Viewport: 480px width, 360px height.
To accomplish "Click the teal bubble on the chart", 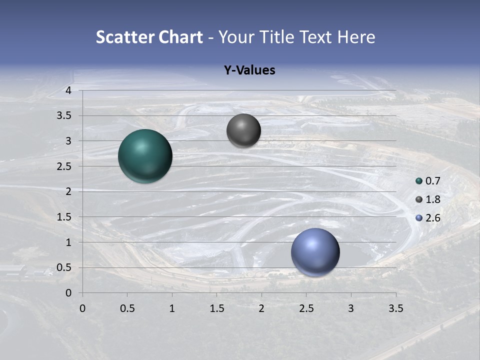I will pos(145,156).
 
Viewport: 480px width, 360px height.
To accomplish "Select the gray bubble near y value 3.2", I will pos(243,130).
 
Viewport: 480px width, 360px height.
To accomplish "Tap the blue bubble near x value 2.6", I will pos(315,252).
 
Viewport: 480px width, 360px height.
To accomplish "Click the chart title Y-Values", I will pos(249,70).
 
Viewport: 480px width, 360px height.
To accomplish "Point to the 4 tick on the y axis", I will pos(68,90).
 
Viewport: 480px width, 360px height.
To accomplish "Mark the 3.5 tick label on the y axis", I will pos(65,115).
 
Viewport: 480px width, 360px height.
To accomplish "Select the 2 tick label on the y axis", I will pos(68,191).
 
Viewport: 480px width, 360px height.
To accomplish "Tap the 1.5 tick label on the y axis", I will pos(65,217).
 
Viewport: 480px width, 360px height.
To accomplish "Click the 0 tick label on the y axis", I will pos(68,293).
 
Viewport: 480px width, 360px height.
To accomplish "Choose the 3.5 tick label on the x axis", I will pos(396,308).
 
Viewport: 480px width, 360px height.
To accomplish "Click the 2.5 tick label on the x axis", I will pos(306,308).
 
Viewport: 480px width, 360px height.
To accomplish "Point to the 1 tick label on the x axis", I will pos(172,308).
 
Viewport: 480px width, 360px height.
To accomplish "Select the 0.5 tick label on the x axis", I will pos(127,308).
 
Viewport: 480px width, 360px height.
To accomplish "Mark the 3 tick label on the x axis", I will pos(351,308).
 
